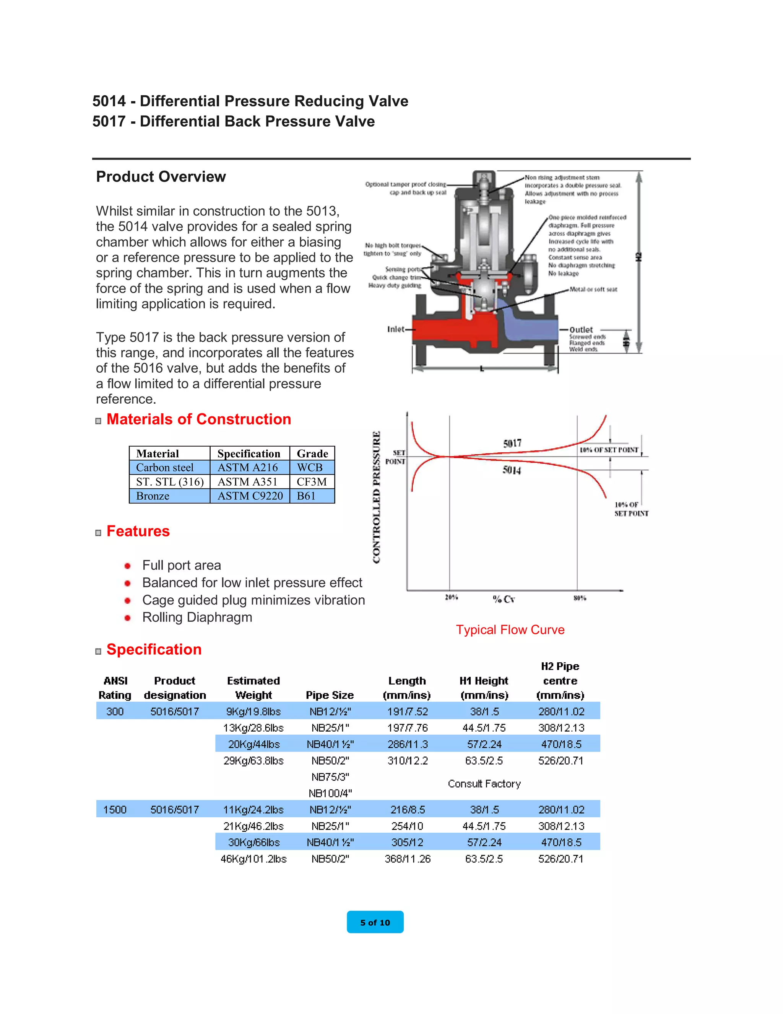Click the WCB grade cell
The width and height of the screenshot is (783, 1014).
(310, 468)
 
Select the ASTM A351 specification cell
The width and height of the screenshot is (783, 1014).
(248, 482)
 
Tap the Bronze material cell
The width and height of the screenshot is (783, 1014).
(153, 496)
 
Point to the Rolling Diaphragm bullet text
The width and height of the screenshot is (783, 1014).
(197, 618)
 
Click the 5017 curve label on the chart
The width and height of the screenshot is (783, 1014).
(512, 443)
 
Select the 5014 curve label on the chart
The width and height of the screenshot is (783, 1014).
(512, 470)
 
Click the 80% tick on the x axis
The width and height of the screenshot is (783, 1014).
(579, 598)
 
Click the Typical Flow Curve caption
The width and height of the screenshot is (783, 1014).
(510, 630)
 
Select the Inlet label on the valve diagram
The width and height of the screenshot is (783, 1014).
(396, 329)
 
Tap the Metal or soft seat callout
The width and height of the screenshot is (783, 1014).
(593, 289)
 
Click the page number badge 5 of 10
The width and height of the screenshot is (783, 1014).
(375, 923)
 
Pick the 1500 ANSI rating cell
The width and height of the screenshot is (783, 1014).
(115, 810)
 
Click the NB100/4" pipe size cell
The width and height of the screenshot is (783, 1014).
(330, 794)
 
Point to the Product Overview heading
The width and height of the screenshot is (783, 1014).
(161, 177)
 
